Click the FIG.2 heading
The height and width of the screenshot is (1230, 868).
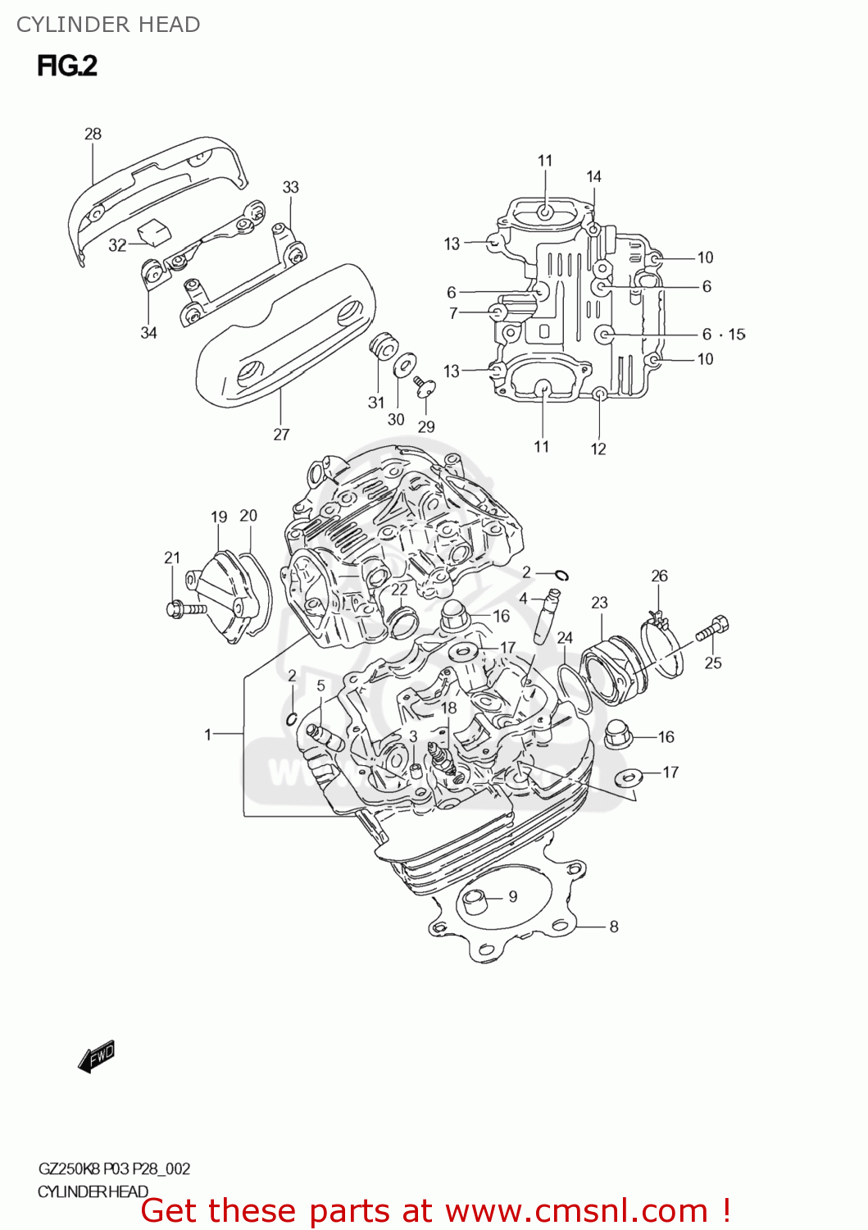pos(67,66)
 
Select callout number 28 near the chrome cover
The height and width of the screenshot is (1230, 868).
pos(93,134)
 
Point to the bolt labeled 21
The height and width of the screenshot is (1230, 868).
pos(185,609)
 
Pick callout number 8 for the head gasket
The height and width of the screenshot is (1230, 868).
pos(613,927)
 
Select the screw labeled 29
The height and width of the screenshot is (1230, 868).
pos(424,385)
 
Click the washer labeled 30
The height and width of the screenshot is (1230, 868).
pos(404,363)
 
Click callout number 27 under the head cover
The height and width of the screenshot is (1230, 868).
pos(281,435)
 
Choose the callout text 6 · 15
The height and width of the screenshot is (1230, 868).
pos(723,335)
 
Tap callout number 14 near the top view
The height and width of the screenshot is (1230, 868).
pos(593,176)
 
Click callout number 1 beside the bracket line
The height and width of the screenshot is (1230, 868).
pos(208,734)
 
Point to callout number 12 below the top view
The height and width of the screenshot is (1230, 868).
pos(598,449)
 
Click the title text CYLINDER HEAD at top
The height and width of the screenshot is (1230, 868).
pos(108,25)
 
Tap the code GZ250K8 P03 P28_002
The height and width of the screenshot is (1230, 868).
pos(114,1168)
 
